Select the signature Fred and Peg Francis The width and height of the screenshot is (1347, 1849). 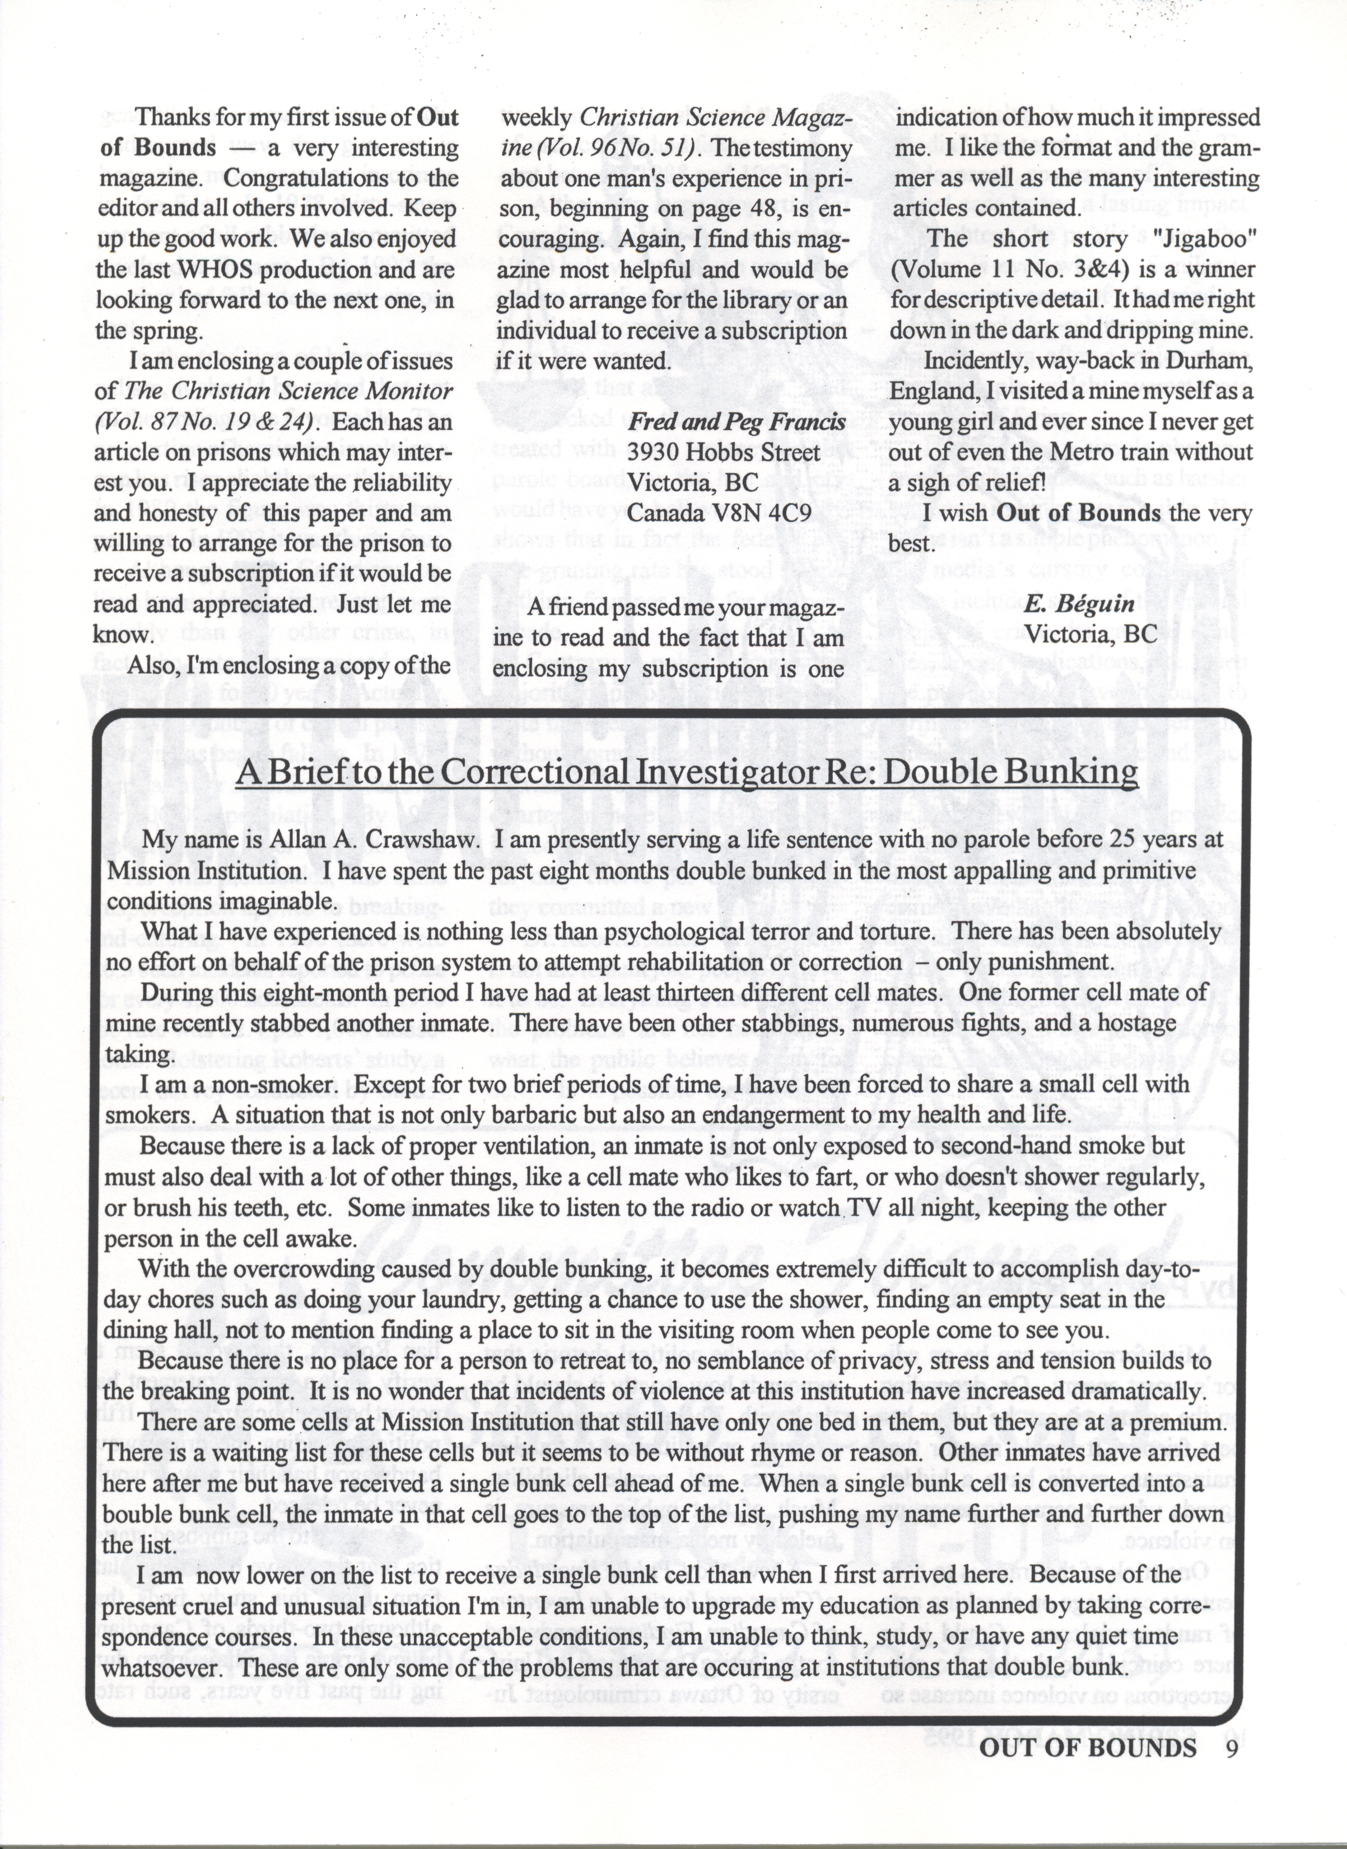tap(735, 422)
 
